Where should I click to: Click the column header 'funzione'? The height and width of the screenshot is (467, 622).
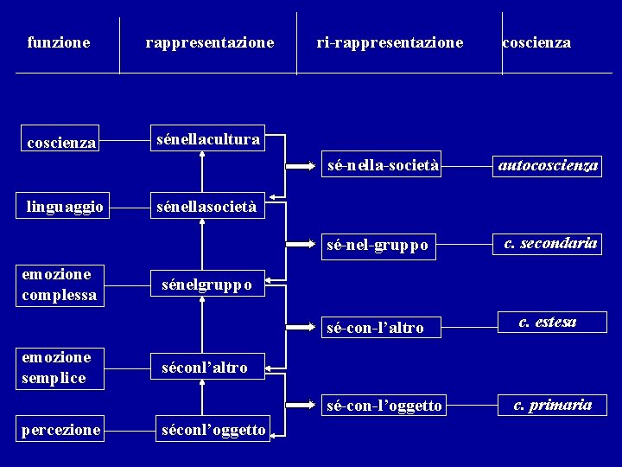click(x=59, y=42)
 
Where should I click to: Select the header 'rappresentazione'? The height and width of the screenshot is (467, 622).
click(x=210, y=42)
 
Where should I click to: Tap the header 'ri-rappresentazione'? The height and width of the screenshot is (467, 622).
click(x=390, y=42)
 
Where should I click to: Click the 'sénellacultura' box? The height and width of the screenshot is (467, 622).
click(x=207, y=138)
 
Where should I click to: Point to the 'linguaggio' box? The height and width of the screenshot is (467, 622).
click(x=66, y=206)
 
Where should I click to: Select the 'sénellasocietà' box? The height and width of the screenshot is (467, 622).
click(x=207, y=206)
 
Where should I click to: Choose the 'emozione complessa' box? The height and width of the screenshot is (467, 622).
click(x=60, y=285)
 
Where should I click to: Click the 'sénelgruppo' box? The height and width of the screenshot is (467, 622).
click(x=207, y=284)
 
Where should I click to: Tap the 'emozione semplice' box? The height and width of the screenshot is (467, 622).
click(x=60, y=368)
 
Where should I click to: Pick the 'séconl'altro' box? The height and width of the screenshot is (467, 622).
click(x=207, y=367)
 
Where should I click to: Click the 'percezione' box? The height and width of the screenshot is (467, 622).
click(x=61, y=429)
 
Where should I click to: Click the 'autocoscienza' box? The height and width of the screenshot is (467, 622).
click(x=548, y=165)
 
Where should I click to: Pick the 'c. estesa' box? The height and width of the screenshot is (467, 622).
click(x=548, y=323)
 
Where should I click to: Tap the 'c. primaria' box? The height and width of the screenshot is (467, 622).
click(x=552, y=404)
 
